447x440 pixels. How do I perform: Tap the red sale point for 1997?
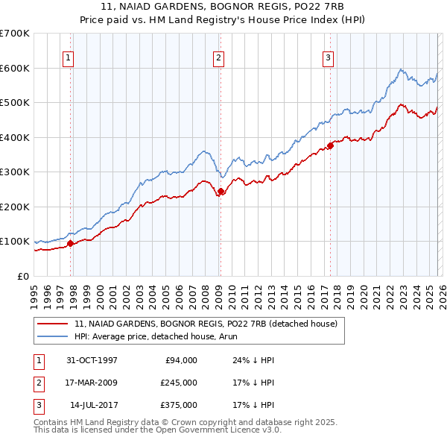coord(70,243)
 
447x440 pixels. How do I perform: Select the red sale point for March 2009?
coord(220,191)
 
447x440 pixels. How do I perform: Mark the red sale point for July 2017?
coord(330,146)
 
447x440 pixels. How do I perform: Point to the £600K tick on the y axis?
coord(15,68)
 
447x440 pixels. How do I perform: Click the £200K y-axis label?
coord(15,207)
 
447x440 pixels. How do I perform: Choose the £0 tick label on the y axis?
coord(22,276)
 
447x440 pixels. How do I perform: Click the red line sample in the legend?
coord(54,324)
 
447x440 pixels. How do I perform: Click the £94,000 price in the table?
coord(180,360)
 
